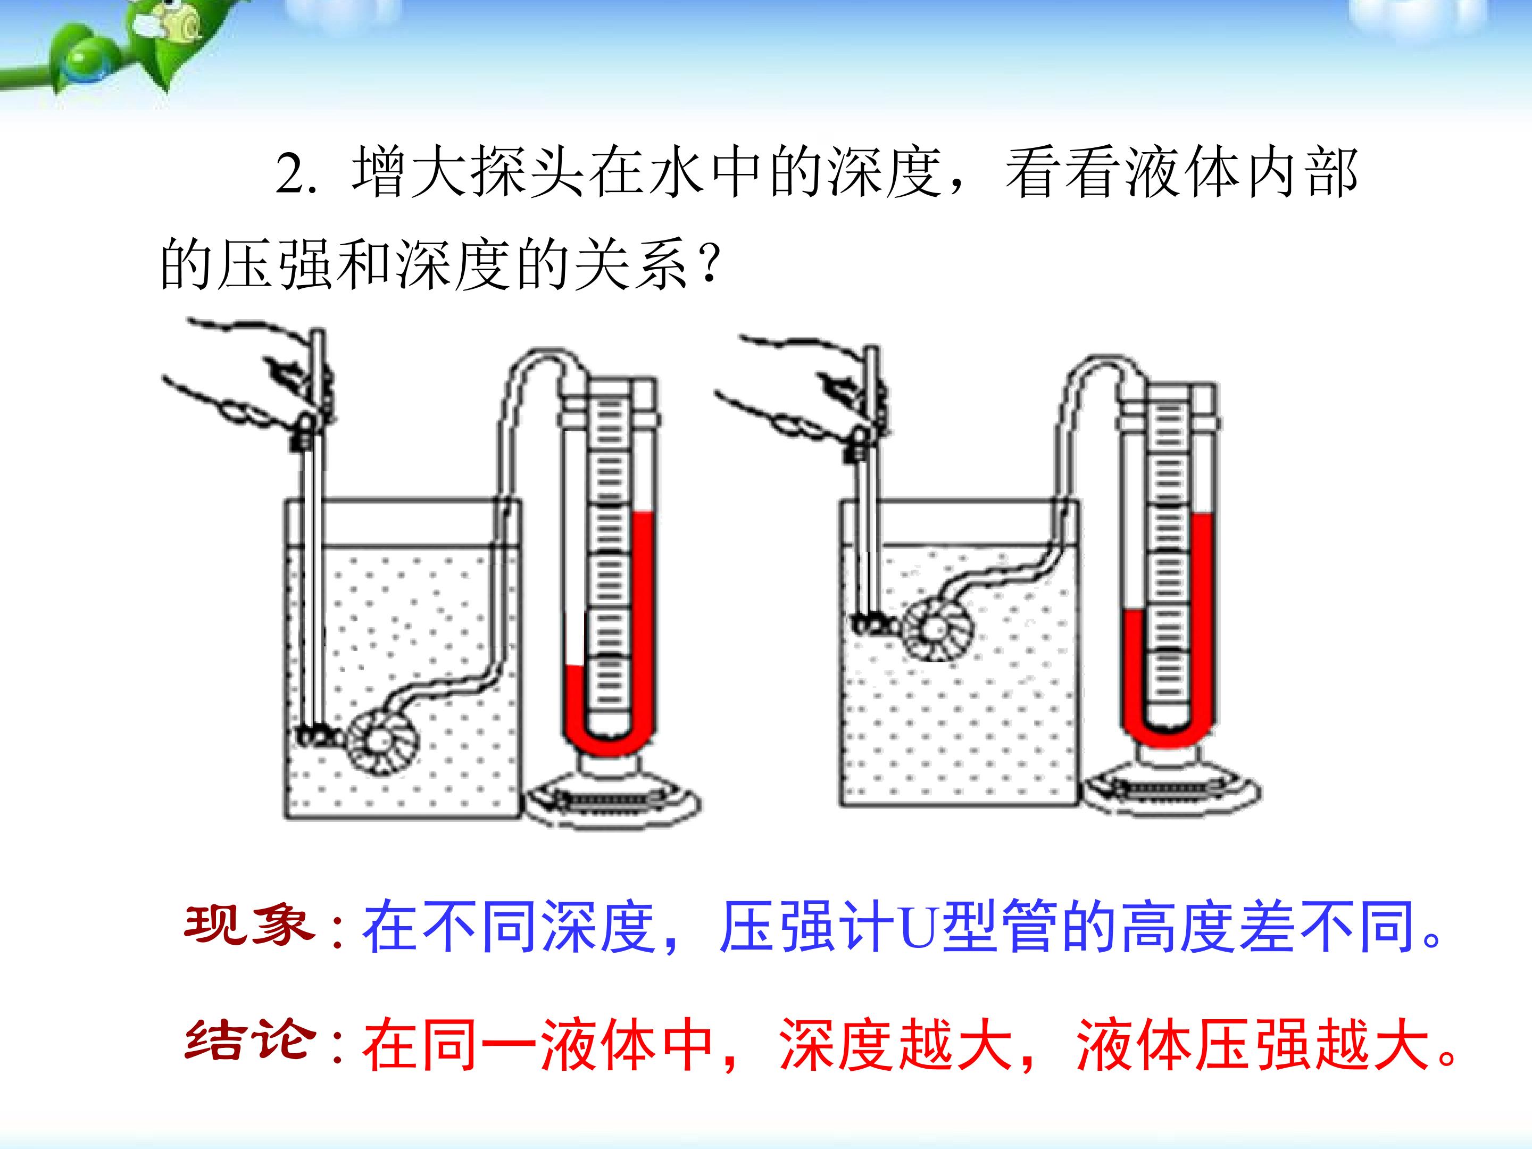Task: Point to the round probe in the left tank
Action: (x=384, y=741)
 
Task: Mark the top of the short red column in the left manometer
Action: (x=576, y=667)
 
